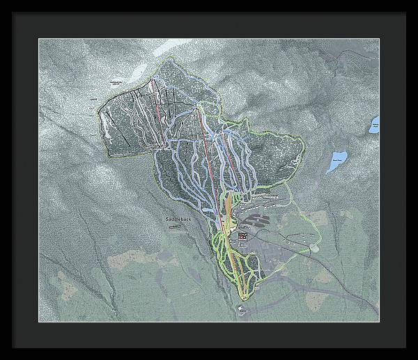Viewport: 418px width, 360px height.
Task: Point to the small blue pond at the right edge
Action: pos(375,125)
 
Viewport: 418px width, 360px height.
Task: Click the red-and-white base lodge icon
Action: pos(242,237)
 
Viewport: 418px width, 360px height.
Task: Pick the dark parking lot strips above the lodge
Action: pos(256,222)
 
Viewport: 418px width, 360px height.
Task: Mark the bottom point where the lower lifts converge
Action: pos(244,297)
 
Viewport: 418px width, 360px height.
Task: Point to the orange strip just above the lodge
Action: pos(228,209)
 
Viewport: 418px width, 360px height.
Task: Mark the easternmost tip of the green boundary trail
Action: pos(306,150)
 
